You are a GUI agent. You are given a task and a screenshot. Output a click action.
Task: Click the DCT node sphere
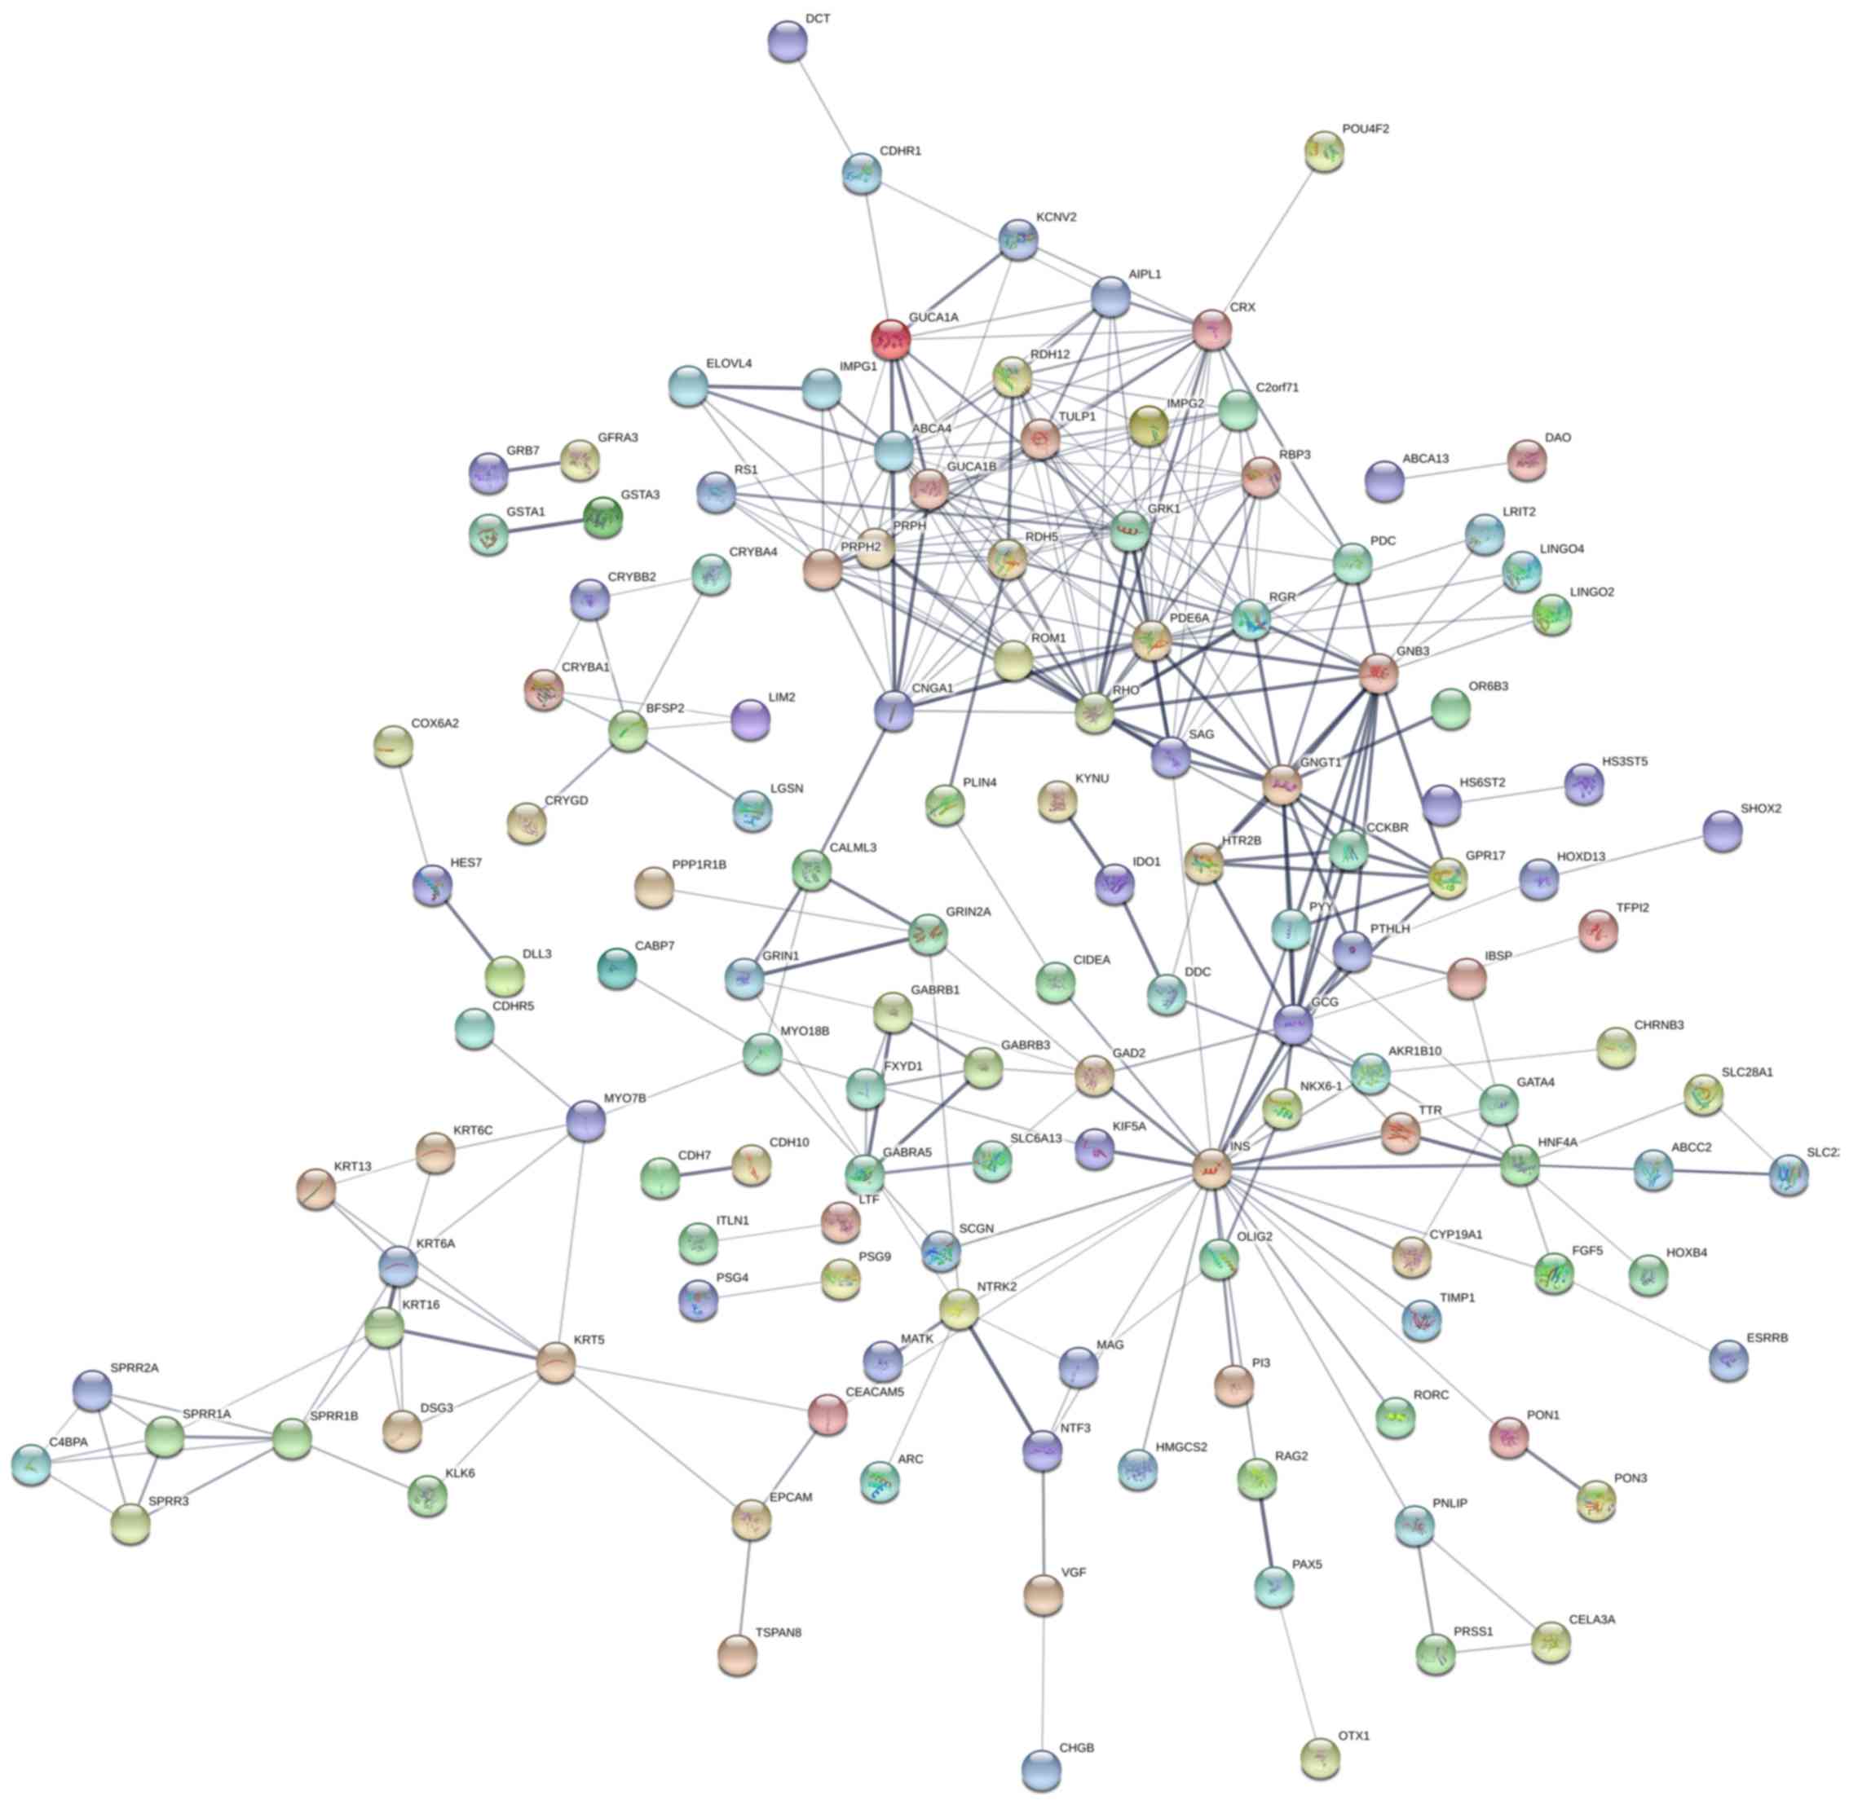click(787, 42)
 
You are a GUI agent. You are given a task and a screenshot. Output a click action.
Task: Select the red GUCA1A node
click(890, 337)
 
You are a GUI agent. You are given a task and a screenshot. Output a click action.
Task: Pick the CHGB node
click(1042, 1768)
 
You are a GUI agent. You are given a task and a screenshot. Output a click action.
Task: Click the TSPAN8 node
click(737, 1654)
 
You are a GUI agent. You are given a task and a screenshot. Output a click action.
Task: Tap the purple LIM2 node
click(751, 720)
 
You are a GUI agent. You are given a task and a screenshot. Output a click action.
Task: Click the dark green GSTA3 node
click(602, 517)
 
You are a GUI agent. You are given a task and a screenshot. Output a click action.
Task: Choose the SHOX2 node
click(1722, 831)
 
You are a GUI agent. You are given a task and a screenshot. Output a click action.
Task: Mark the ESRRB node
click(1728, 1360)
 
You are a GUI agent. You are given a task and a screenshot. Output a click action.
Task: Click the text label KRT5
click(588, 1341)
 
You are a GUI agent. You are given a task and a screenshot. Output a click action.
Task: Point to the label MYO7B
click(624, 1098)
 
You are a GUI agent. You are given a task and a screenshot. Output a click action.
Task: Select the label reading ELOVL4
click(728, 364)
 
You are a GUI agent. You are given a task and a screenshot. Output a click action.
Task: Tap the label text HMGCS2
click(1180, 1447)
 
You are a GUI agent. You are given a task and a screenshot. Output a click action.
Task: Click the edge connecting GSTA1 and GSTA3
click(545, 526)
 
